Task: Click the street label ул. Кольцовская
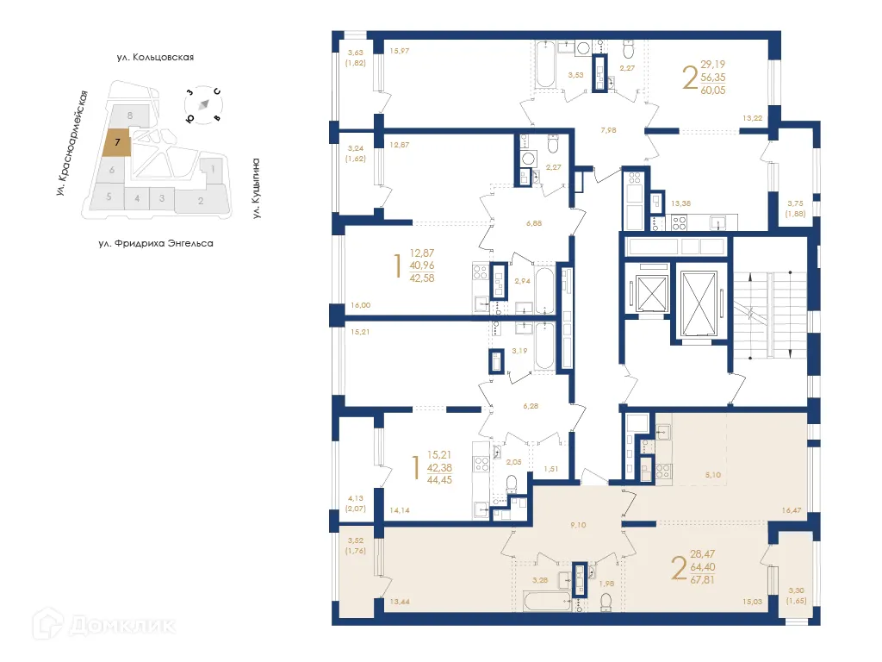pos(156,58)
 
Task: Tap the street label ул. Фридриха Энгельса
pos(156,243)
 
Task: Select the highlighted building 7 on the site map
pos(116,141)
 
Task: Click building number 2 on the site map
pos(201,202)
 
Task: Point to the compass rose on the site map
pos(203,103)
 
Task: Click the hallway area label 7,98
pos(609,131)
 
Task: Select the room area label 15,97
pos(399,52)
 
